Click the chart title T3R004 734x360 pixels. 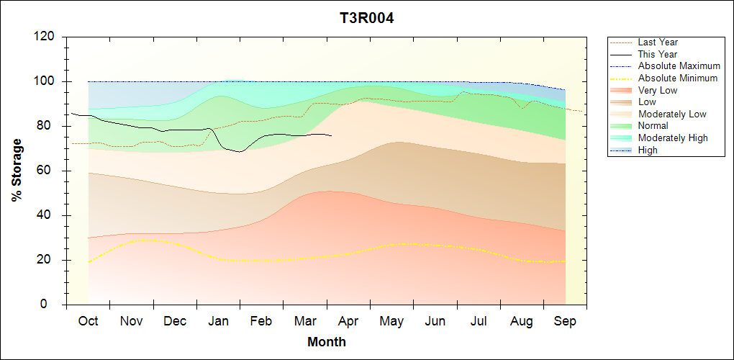pos(367,18)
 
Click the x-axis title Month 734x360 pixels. pos(327,342)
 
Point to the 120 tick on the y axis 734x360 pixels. pos(45,37)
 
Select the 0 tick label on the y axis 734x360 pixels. pos(53,305)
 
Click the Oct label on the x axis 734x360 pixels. pos(88,321)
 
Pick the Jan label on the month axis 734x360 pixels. pos(218,321)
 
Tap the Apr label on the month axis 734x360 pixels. pos(348,321)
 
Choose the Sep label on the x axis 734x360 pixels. pos(565,321)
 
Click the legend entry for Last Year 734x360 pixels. pos(658,42)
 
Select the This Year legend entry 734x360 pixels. pos(658,54)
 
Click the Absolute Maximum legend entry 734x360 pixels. pos(679,66)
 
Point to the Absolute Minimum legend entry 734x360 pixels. pos(678,78)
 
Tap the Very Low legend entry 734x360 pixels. pos(658,90)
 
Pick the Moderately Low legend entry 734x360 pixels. pos(672,114)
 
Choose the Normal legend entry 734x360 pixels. pos(653,126)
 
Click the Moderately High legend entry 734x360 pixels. pos(673,138)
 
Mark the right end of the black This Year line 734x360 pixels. pos(332,135)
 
